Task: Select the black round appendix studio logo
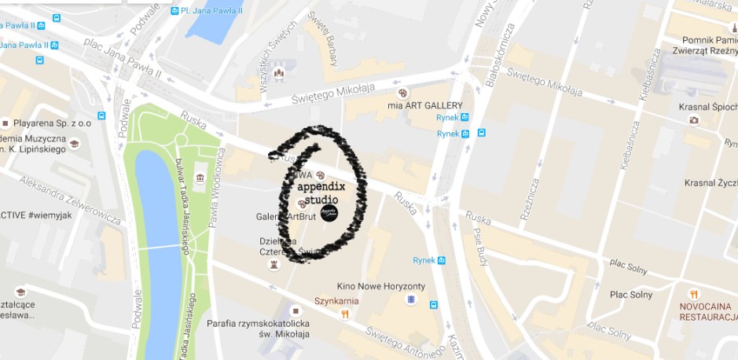tap(329, 211)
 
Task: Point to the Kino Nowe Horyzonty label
tap(380, 286)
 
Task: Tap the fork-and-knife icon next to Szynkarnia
tap(344, 314)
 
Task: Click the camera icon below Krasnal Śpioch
tap(693, 120)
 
